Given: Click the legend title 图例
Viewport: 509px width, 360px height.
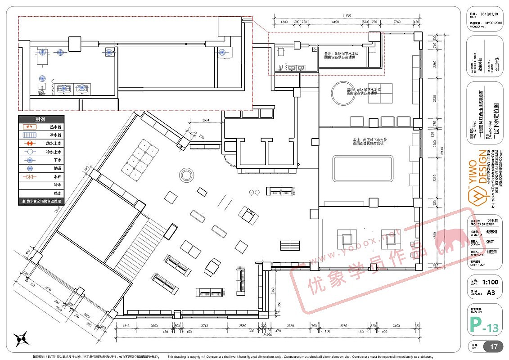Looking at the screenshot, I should [41, 119].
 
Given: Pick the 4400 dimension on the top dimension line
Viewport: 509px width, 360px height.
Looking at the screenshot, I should [335, 22].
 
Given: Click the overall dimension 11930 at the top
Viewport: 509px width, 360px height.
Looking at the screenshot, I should [346, 16].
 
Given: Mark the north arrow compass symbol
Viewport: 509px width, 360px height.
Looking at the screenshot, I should [21, 338].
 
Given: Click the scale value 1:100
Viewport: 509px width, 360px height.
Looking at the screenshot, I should [490, 283].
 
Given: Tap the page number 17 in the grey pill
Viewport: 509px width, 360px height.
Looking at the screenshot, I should [493, 346].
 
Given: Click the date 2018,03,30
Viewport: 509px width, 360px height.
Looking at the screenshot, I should [490, 14].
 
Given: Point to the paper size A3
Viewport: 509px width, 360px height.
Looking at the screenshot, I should [490, 292].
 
